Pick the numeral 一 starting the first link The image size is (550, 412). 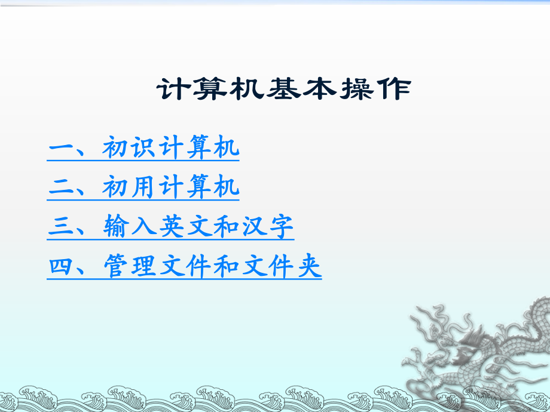pyautogui.click(x=60, y=149)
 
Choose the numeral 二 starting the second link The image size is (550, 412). pyautogui.click(x=60, y=187)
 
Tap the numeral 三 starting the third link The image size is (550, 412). pyautogui.click(x=60, y=227)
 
